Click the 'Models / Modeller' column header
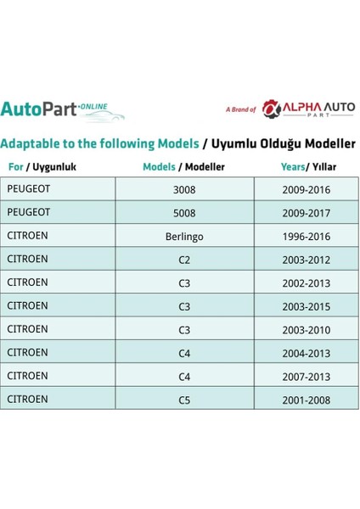tap(184, 167)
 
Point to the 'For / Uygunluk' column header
tap(42, 167)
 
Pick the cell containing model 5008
tap(184, 211)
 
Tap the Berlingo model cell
tap(184, 235)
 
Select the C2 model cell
tap(184, 258)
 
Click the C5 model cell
tap(184, 398)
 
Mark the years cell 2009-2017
tap(307, 211)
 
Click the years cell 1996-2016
tap(307, 235)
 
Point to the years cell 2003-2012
tap(307, 258)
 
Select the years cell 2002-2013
tap(307, 282)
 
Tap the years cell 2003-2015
tap(307, 305)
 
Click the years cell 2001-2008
tap(307, 398)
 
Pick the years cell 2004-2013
tap(307, 351)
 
